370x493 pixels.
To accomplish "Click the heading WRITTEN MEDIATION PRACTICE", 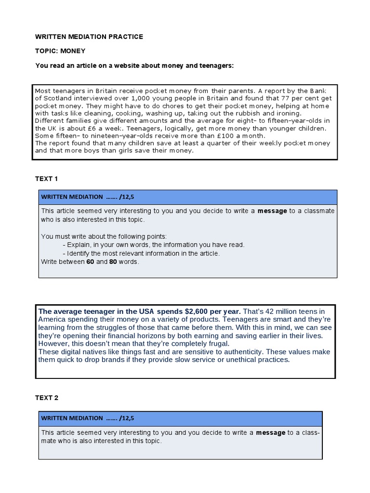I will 89,37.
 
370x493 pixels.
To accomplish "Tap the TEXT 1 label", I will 46,179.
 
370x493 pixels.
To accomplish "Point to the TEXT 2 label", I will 46,398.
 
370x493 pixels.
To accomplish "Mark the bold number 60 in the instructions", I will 90,262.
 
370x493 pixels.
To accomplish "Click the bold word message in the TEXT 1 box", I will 272,211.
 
